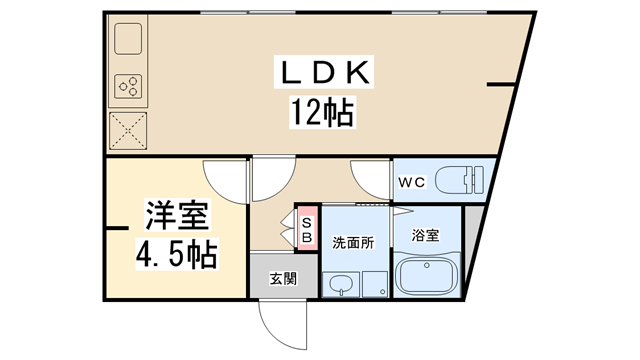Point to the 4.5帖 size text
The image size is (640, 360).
177,250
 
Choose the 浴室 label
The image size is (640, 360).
426,236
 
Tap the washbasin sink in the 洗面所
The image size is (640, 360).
339,284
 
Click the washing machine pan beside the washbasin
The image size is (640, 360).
374,283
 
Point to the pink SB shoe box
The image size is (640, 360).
307,231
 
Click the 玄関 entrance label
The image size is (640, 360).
283,278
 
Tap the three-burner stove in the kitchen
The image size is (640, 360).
128,87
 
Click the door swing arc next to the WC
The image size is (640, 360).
372,178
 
